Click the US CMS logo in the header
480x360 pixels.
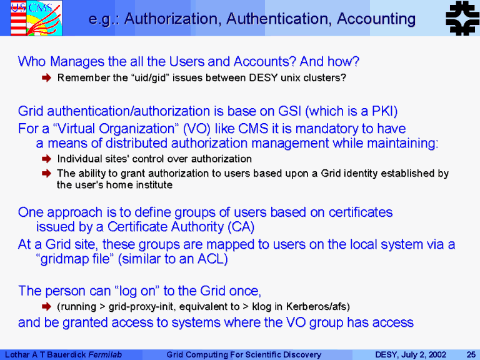[x=36, y=18]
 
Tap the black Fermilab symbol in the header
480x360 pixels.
[x=462, y=18]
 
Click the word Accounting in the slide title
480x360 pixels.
[x=376, y=19]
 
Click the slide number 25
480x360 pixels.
[x=471, y=355]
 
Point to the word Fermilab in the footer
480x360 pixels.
[x=105, y=355]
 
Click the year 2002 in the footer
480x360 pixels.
[x=437, y=355]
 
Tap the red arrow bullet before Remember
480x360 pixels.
[x=46, y=77]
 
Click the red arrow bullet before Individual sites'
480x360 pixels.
[x=46, y=159]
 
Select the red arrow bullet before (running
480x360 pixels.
[x=46, y=306]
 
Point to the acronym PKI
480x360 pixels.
[x=384, y=111]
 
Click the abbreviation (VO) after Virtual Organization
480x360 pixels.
[x=196, y=129]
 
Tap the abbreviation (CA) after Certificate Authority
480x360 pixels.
[x=241, y=227]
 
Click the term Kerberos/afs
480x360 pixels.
[x=317, y=306]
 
